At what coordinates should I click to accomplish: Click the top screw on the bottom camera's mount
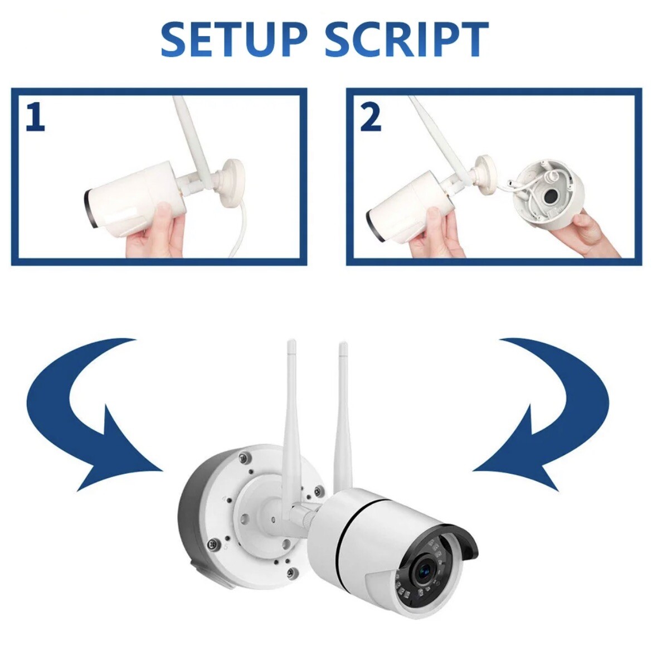[x=243, y=458]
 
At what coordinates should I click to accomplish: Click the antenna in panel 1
[x=189, y=134]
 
